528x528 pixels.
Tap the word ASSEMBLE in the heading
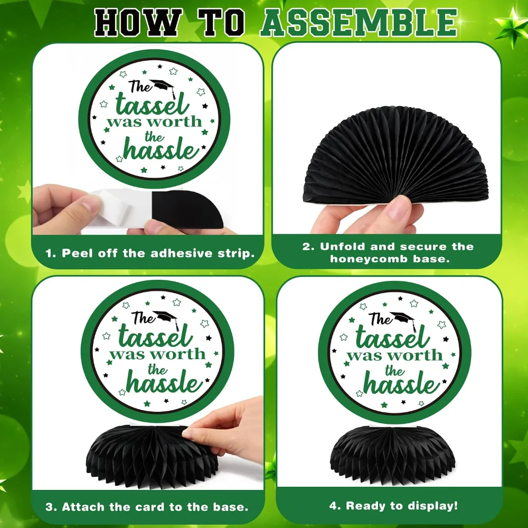pos(359,23)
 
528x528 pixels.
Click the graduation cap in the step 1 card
pos(164,88)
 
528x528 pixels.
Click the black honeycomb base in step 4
pos(393,451)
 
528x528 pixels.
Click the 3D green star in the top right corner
pos(510,29)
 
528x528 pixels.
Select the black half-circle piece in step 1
pos(187,209)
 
